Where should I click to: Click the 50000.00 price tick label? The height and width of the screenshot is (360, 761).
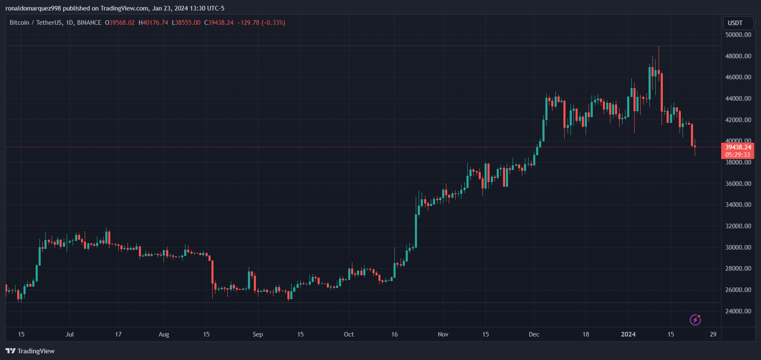coord(738,35)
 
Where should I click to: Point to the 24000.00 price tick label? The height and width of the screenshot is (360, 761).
coord(738,311)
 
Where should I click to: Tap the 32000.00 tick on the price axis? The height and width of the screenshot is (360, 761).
coord(738,226)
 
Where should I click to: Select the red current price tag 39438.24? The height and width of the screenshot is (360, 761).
coord(738,147)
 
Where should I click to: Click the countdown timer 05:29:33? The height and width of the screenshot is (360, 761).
coord(738,155)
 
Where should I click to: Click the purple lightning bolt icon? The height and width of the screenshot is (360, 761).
coord(695,320)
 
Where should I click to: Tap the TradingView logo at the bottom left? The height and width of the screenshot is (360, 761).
coord(30,351)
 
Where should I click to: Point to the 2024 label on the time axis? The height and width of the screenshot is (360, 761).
coord(628,334)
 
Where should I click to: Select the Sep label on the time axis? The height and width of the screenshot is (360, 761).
coord(258,334)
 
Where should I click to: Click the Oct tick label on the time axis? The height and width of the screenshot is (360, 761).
coord(349,334)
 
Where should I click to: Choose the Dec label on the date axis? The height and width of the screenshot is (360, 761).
coord(534,334)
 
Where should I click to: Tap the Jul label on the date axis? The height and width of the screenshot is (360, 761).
coord(70,334)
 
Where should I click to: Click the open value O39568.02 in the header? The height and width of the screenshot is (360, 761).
coord(120,23)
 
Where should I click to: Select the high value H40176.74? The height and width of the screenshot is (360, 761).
coord(154,23)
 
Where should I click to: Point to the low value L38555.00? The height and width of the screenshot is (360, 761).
coord(186,23)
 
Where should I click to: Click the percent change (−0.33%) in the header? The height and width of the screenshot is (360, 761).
coord(273,23)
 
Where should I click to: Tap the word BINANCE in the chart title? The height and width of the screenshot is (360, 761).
coord(89,23)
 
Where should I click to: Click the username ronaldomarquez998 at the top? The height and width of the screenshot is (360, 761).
coord(33,8)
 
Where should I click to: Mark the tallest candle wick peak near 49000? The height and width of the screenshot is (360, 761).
coord(659,47)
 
